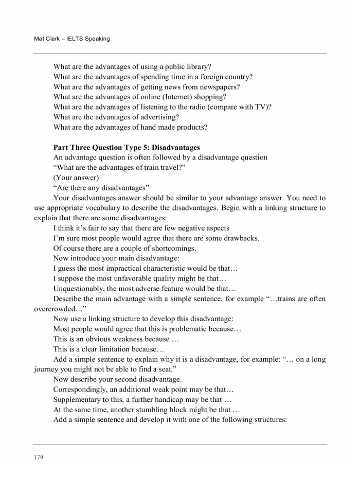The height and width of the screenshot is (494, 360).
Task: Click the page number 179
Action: point(39,456)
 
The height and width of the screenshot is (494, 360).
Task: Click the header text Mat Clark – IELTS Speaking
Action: point(71,39)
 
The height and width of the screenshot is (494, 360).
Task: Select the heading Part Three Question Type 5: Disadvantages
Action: point(127,147)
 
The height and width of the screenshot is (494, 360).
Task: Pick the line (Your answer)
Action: point(76,178)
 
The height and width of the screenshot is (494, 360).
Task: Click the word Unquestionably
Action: point(79,288)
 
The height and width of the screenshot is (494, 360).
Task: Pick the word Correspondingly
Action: point(80,389)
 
